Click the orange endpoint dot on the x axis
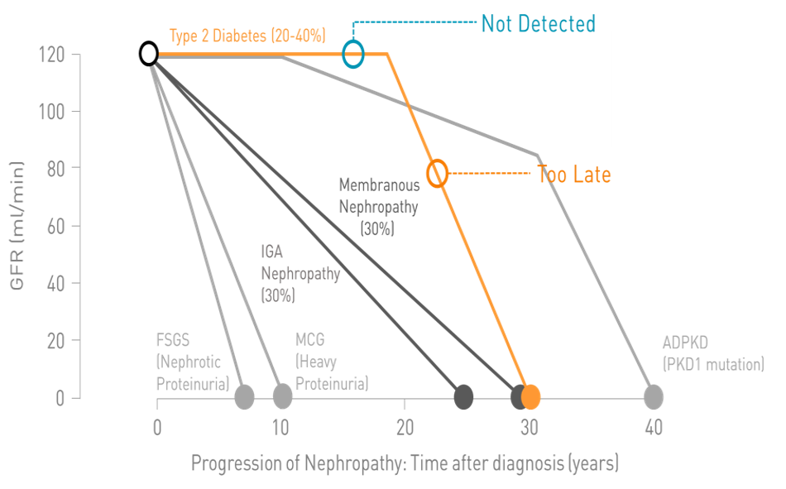click(x=531, y=397)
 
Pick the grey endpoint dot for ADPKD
click(x=654, y=397)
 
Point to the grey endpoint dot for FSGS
click(x=244, y=397)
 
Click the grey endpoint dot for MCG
click(x=283, y=396)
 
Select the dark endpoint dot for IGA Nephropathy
click(x=463, y=397)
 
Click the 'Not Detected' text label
click(x=539, y=23)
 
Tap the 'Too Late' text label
click(x=574, y=175)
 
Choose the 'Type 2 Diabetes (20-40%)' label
click(x=247, y=36)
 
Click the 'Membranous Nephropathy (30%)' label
click(x=380, y=207)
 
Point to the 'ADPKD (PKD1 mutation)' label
click(x=713, y=353)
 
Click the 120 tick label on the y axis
click(x=52, y=55)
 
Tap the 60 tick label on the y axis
click(x=55, y=227)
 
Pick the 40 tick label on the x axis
click(x=654, y=428)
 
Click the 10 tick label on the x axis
click(x=280, y=428)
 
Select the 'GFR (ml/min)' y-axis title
click(x=17, y=226)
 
